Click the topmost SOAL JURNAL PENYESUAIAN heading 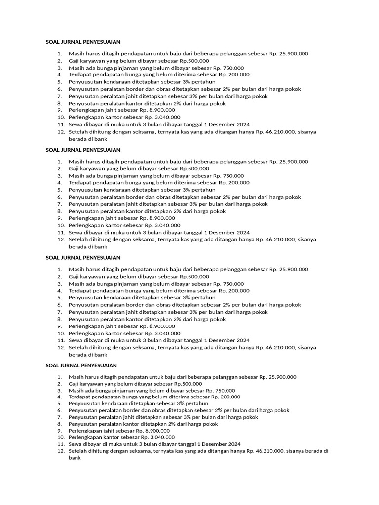tap(83, 42)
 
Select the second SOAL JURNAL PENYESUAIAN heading tap(83, 150)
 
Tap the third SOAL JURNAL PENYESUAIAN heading tap(83, 257)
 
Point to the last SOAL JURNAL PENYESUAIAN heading tap(81, 365)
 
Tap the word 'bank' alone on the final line tap(74, 458)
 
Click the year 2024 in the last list tap(234, 444)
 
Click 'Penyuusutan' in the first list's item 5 tap(84, 82)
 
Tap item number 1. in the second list tap(60, 161)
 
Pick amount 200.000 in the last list tap(229, 397)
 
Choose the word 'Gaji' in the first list tap(74, 61)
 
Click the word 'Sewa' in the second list tap(75, 232)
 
